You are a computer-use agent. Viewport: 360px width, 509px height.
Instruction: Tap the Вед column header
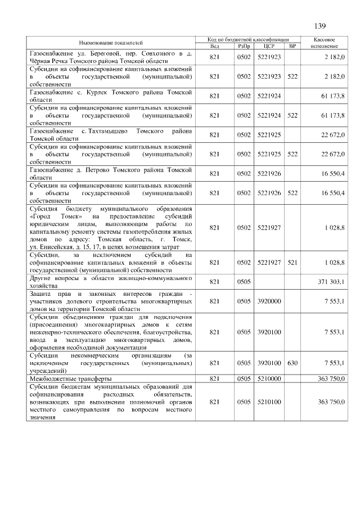click(214, 46)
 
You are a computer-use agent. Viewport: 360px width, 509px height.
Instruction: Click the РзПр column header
click(244, 46)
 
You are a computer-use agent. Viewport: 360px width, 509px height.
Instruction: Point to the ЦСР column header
click(268, 46)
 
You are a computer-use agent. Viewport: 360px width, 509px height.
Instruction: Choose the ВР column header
click(292, 46)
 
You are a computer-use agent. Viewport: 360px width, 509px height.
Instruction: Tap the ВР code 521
click(292, 262)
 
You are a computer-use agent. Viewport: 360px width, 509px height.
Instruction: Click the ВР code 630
click(292, 363)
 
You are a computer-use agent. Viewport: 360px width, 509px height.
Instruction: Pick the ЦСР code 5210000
click(268, 379)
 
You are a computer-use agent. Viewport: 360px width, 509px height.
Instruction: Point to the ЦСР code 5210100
click(268, 402)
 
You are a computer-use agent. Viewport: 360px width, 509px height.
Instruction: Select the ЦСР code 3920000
click(268, 301)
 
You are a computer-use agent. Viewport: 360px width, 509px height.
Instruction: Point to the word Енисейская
click(56, 247)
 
